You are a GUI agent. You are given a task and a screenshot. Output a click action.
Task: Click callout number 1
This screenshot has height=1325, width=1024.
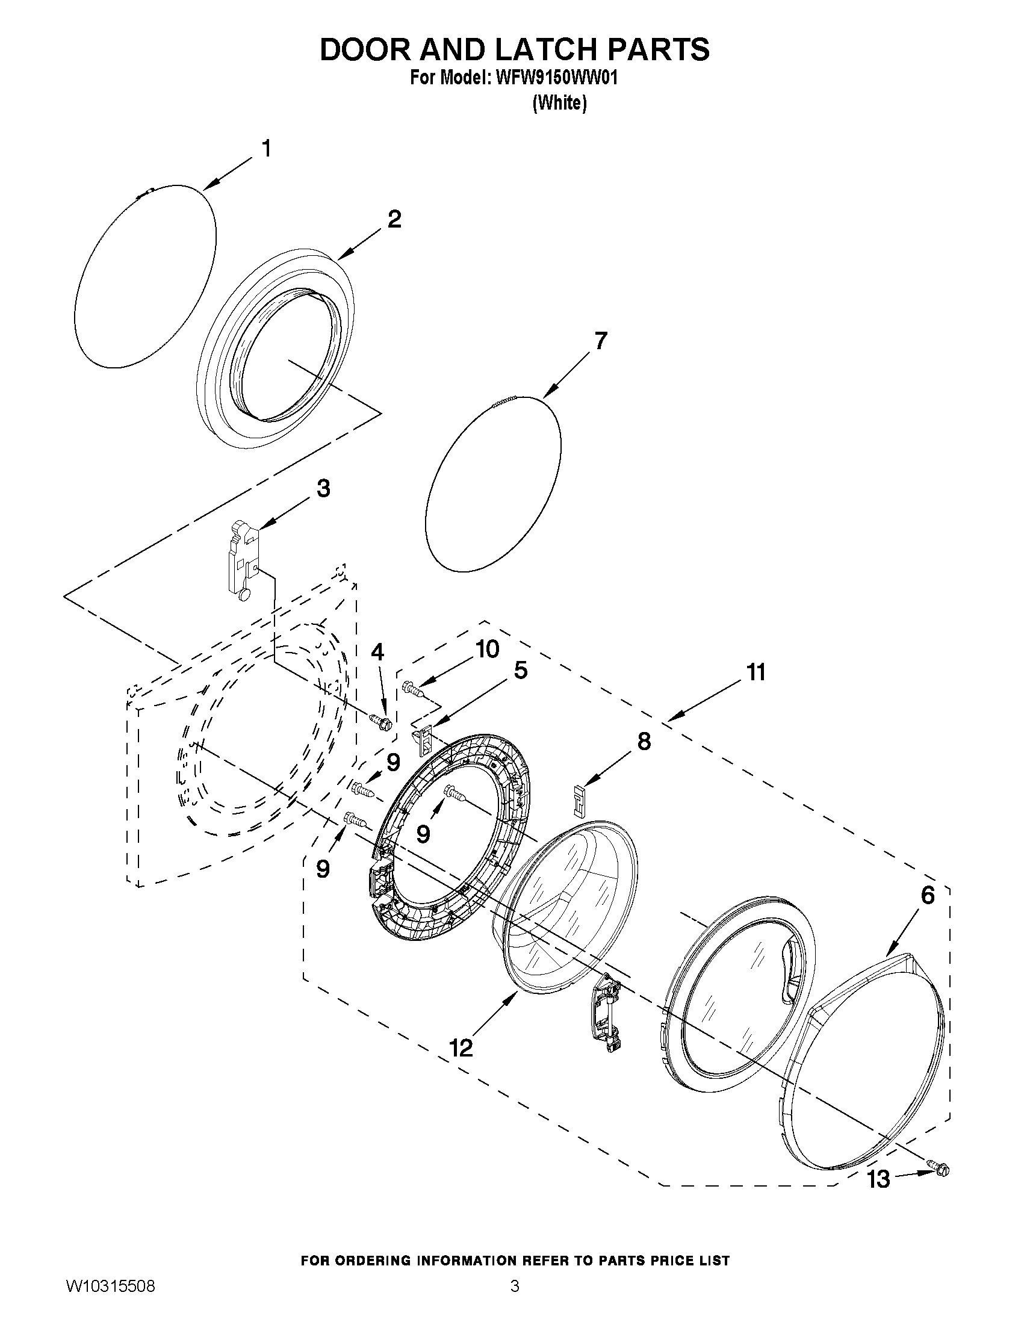pos(265,149)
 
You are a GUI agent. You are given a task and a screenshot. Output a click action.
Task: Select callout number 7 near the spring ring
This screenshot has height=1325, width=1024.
pos(600,341)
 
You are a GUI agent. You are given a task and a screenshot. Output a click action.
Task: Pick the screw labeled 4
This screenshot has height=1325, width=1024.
pos(380,721)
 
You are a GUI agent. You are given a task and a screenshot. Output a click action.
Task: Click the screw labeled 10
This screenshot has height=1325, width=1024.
pos(414,689)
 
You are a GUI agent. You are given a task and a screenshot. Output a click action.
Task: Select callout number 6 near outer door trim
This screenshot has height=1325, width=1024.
pos(928,895)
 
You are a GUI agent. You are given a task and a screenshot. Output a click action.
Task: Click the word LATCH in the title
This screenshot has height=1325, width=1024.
pos(545,50)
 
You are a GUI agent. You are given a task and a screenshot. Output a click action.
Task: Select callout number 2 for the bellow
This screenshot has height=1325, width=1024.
pos(394,219)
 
